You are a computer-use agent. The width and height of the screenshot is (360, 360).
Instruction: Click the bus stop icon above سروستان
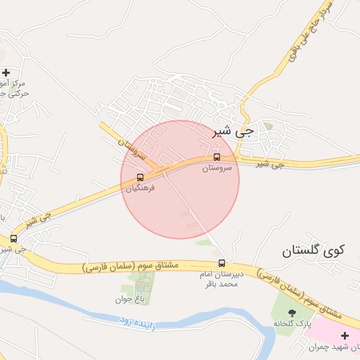[217, 157]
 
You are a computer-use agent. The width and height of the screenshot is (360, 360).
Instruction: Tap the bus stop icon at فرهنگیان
[140, 177]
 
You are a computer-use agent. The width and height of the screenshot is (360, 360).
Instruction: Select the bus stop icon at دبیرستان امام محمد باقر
[222, 264]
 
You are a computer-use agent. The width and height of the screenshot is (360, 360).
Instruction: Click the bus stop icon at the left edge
[13, 238]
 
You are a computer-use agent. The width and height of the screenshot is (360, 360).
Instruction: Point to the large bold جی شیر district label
[233, 131]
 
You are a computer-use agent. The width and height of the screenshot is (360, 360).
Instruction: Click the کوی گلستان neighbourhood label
[314, 250]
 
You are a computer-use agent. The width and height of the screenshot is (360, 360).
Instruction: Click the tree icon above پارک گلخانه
[292, 312]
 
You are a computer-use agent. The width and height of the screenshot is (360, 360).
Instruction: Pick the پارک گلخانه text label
[292, 323]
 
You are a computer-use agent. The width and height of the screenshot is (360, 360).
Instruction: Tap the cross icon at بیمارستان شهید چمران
[345, 335]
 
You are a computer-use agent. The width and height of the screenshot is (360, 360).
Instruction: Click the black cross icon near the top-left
[6, 72]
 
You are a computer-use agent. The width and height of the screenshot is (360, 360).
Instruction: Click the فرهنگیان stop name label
[140, 188]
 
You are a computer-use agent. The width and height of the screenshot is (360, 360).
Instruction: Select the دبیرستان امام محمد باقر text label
[222, 279]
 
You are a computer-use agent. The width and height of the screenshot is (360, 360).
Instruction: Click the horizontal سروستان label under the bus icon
[217, 168]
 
